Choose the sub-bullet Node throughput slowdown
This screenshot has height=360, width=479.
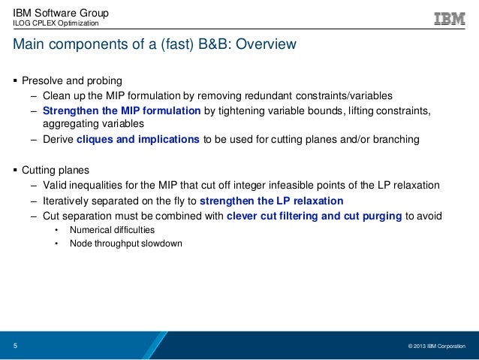pyautogui.click(x=125, y=244)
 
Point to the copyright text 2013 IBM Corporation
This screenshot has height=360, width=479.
pyautogui.click(x=436, y=346)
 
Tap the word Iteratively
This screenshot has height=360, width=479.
pyautogui.click(x=68, y=201)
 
